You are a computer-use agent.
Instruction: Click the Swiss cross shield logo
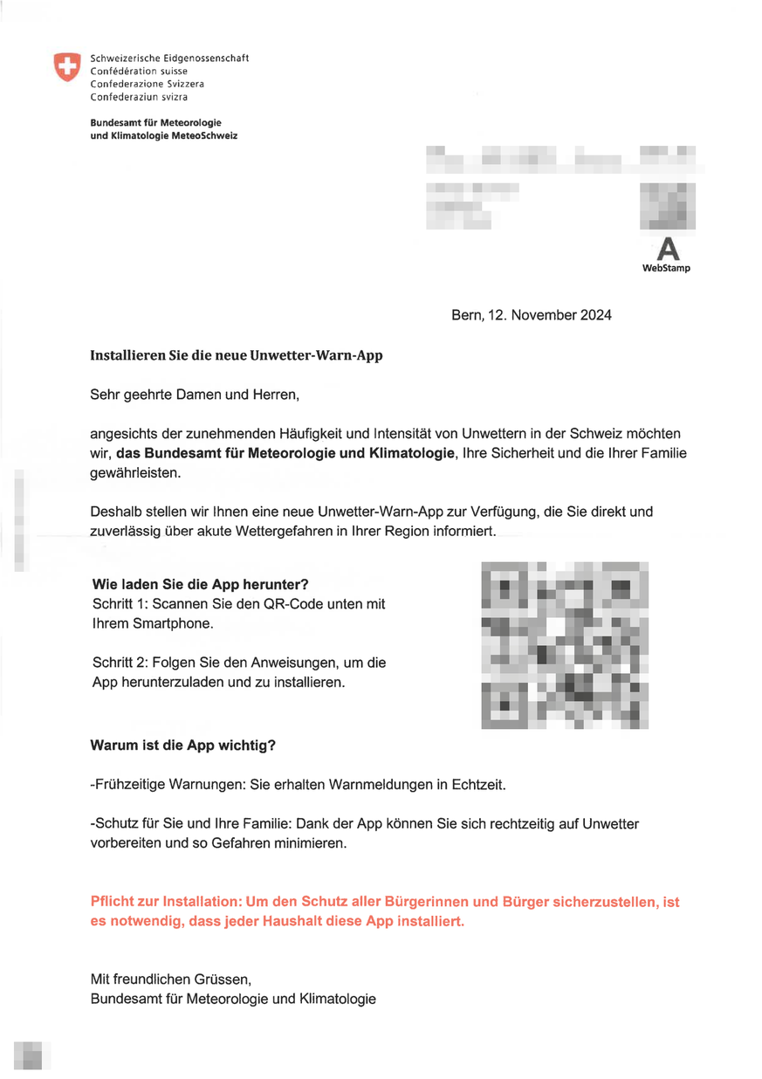tap(65, 66)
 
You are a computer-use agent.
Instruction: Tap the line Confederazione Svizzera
tap(147, 84)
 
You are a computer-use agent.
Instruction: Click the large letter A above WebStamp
tap(667, 249)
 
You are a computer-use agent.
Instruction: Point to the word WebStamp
tap(666, 268)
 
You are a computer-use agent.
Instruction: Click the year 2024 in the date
tap(594, 315)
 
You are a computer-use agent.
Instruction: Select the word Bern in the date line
tap(465, 315)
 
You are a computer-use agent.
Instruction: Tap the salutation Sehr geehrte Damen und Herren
tap(195, 395)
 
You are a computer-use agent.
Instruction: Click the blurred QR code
tap(565, 644)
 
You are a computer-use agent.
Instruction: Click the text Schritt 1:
tap(120, 604)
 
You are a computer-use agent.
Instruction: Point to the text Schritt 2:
tap(120, 663)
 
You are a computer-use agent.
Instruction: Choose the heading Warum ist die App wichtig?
tap(183, 746)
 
